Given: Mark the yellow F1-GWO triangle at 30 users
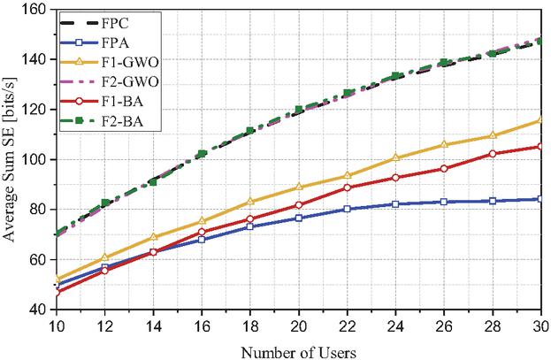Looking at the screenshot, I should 540,120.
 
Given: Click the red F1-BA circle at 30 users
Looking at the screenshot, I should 540,147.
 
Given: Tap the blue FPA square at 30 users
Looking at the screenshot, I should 540,199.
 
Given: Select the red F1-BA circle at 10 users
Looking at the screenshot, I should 57,291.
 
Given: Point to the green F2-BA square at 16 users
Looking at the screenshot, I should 203,154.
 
